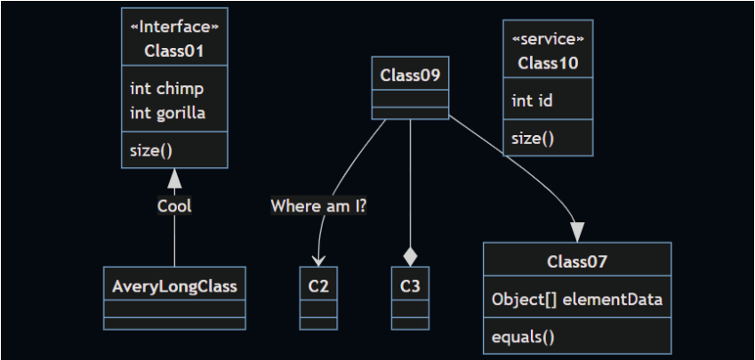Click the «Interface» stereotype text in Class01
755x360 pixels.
174,28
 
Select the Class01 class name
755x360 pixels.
174,51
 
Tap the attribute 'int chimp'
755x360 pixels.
166,89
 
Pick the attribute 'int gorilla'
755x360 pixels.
167,113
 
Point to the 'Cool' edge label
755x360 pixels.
174,206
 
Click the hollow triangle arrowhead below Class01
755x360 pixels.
174,178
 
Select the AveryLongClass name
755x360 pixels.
174,286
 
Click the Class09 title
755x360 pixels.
410,75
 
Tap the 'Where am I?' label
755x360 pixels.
319,206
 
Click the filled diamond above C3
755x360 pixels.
410,257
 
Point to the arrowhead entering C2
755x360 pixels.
318,260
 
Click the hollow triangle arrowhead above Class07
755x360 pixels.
578,231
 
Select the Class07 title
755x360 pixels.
577,261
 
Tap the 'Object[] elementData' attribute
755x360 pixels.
577,300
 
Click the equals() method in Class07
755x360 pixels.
523,337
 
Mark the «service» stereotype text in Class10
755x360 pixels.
548,39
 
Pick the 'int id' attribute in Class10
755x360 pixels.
533,100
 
